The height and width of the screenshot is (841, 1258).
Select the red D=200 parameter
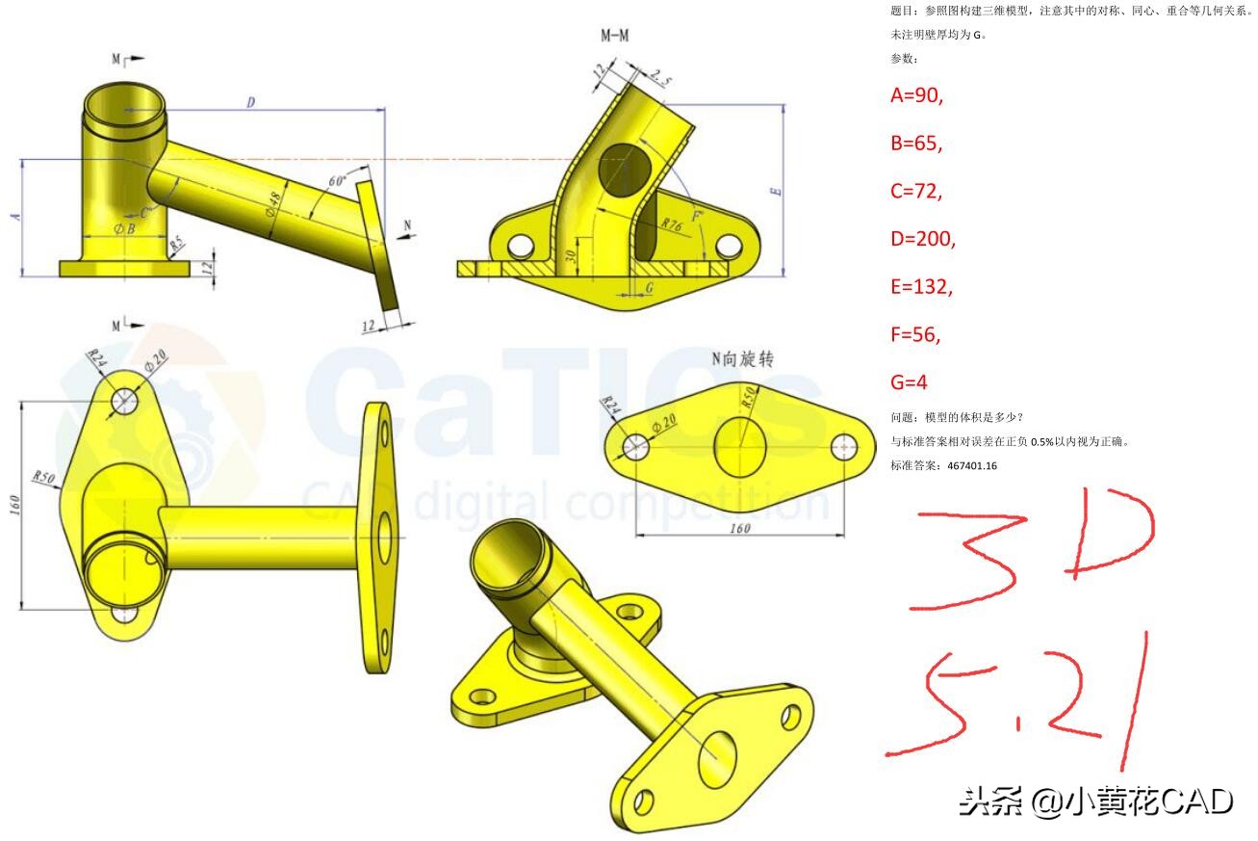point(923,238)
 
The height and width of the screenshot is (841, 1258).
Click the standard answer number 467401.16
point(971,465)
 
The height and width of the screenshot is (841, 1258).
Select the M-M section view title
point(617,37)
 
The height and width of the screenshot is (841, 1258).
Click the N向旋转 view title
point(743,359)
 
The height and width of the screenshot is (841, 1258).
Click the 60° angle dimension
point(337,181)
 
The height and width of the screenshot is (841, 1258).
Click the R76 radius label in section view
point(672,224)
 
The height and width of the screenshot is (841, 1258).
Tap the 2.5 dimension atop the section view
point(660,76)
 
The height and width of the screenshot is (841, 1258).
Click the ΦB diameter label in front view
point(124,228)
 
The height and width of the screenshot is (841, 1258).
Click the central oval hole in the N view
point(740,446)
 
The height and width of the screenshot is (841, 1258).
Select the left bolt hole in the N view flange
point(634,445)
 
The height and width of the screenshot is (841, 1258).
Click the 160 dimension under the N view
point(739,527)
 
